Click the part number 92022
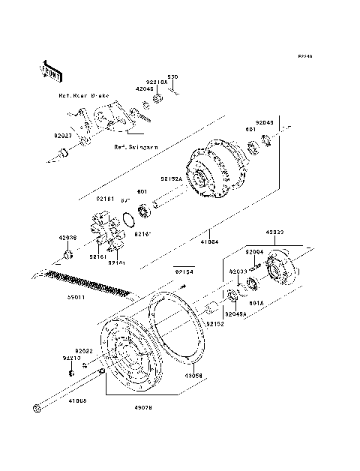pyautogui.click(x=82, y=349)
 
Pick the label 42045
pyautogui.click(x=144, y=88)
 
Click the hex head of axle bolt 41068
pyautogui.click(x=37, y=409)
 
